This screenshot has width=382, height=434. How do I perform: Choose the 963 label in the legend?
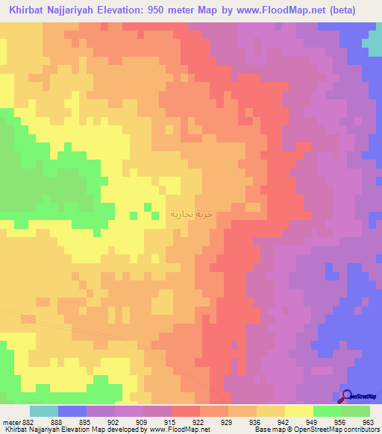click(367, 422)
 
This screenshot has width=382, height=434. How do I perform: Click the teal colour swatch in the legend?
click(44, 411)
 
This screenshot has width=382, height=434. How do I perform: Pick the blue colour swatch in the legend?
click(72, 411)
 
